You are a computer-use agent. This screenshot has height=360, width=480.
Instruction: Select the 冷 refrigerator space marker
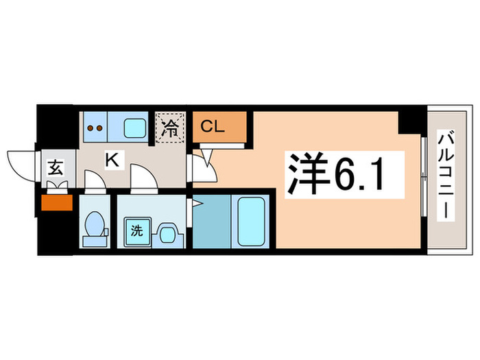[x=170, y=127]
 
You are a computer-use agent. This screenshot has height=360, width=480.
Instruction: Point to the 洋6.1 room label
[x=336, y=173]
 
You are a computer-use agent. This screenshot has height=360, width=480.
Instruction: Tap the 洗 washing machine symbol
[x=136, y=230]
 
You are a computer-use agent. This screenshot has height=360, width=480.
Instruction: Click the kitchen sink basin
[x=134, y=126]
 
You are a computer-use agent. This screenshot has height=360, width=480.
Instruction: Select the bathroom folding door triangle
[x=196, y=203]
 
